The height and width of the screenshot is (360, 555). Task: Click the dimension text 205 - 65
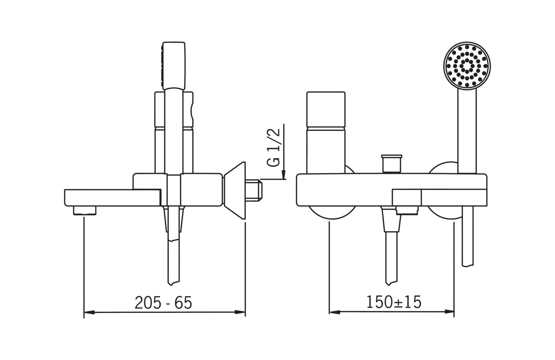(x=163, y=303)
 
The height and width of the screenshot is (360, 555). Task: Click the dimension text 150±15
(x=394, y=302)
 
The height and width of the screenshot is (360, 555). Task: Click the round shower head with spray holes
(x=467, y=66)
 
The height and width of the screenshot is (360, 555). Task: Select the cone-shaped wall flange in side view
(x=235, y=190)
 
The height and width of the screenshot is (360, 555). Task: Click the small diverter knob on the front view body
(x=392, y=163)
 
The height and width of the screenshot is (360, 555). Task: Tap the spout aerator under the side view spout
(x=85, y=210)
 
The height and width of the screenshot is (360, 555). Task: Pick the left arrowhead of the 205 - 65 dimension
(x=89, y=312)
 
